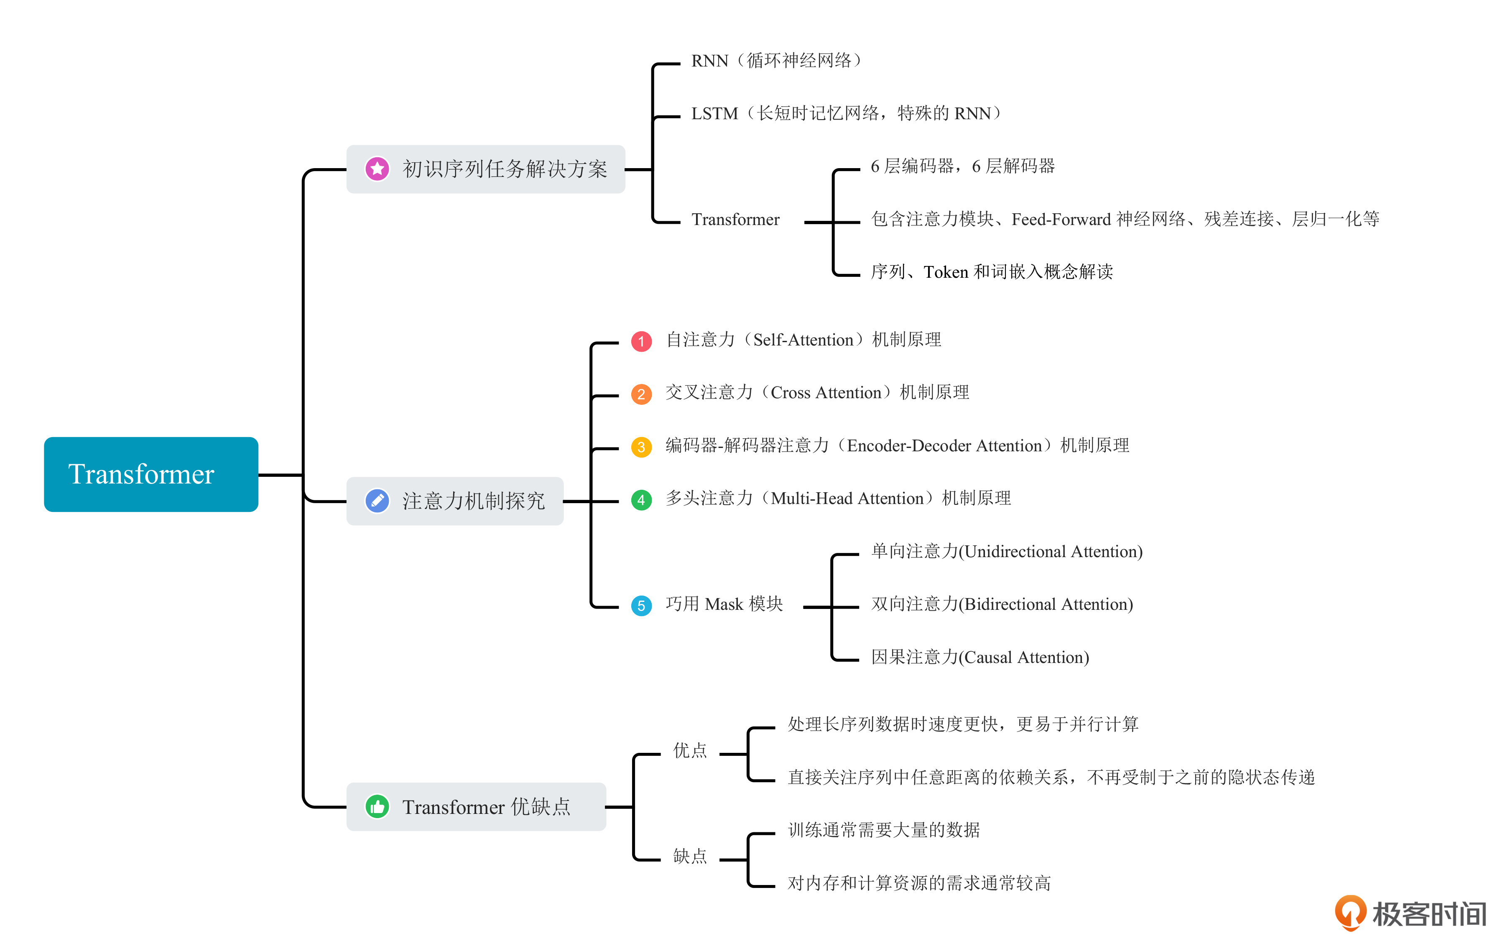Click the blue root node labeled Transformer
coord(150,474)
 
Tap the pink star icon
coord(377,169)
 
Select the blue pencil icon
coord(377,501)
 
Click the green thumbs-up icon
coord(377,806)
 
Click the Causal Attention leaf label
coord(980,657)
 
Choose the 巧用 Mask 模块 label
coord(724,604)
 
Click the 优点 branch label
coord(689,750)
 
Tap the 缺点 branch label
coord(689,856)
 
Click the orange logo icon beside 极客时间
coord(1350,912)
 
